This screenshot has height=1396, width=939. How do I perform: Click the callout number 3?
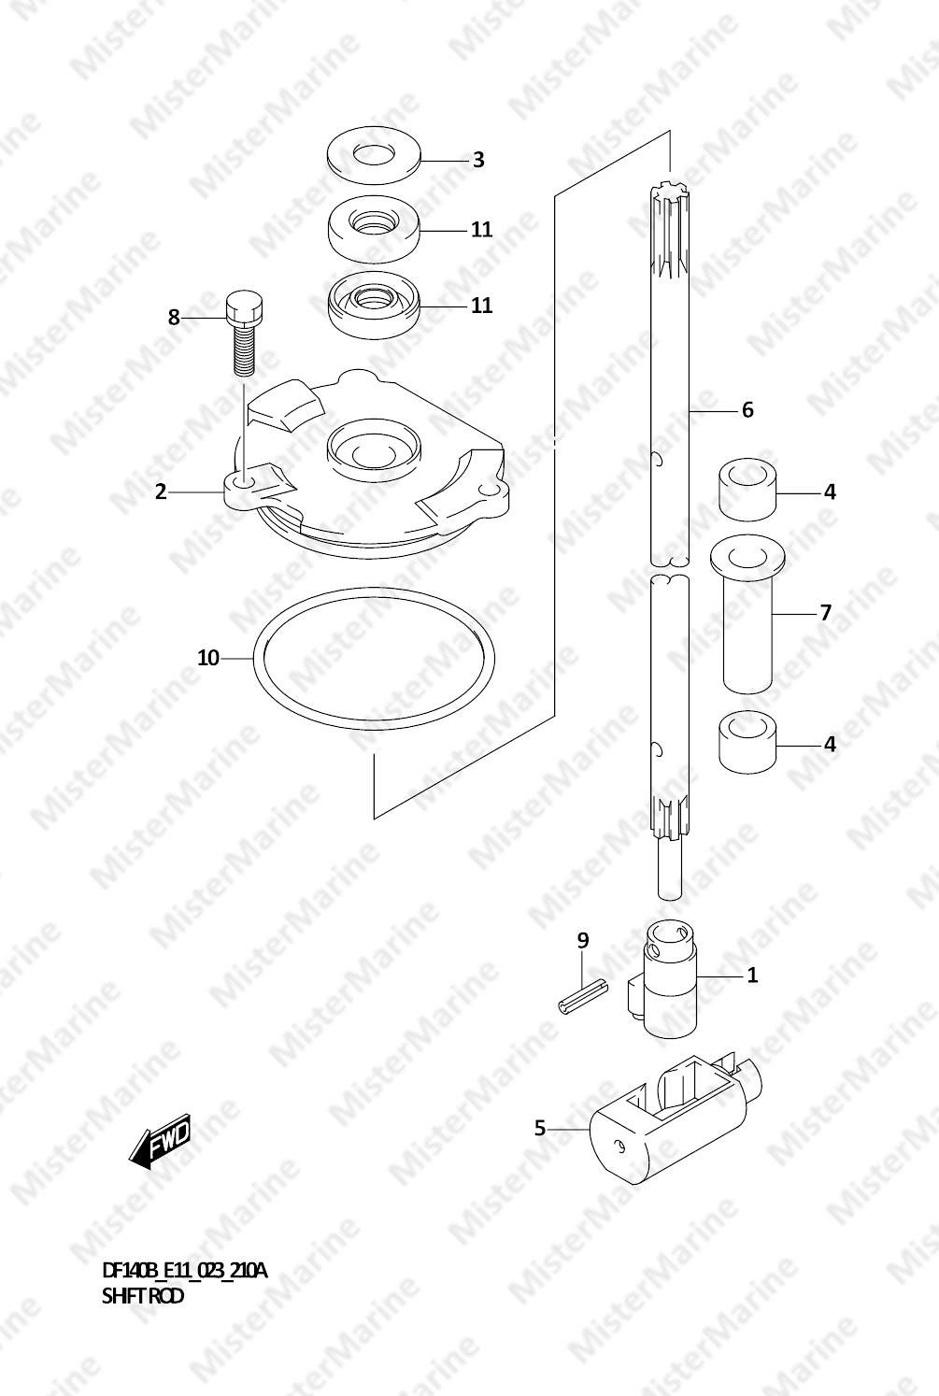point(478,160)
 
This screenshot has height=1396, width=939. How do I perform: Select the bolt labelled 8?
point(244,335)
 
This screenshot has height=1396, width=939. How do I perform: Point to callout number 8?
point(173,318)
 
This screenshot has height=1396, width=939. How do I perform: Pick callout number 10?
point(208,658)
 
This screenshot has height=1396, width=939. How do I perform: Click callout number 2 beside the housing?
point(161,492)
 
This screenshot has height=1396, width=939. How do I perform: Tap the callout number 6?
point(747,410)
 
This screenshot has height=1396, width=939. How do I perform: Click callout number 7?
point(825,613)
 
